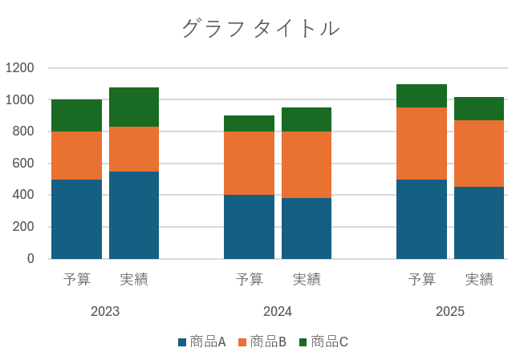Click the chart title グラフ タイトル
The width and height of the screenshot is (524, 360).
(261, 29)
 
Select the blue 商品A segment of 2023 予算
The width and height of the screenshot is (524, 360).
(76, 219)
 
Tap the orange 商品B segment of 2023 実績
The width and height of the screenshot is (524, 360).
(134, 149)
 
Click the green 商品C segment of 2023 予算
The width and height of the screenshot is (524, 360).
(76, 115)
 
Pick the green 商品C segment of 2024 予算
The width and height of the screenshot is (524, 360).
(249, 123)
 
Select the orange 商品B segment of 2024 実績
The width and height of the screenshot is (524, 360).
(307, 164)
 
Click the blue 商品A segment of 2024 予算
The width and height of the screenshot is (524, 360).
(249, 227)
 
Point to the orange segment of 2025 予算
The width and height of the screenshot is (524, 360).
(421, 144)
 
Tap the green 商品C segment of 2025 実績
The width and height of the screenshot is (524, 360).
(479, 108)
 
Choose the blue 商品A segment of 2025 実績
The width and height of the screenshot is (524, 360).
(479, 223)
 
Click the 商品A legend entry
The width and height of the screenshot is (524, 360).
(201, 342)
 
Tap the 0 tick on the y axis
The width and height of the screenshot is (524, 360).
(30, 259)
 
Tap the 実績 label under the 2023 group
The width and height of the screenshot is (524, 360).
(134, 280)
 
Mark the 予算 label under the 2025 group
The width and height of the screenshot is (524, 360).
(421, 280)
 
